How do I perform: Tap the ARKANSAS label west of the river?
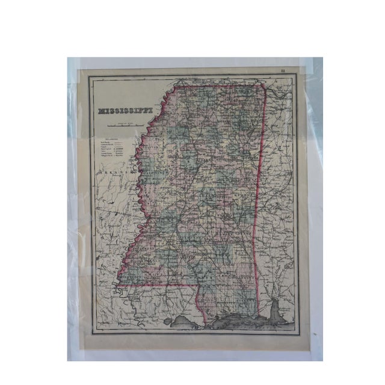click(x=112, y=172)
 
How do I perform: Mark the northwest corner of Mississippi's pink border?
click(x=175, y=88)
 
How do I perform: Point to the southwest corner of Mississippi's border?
click(x=118, y=282)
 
